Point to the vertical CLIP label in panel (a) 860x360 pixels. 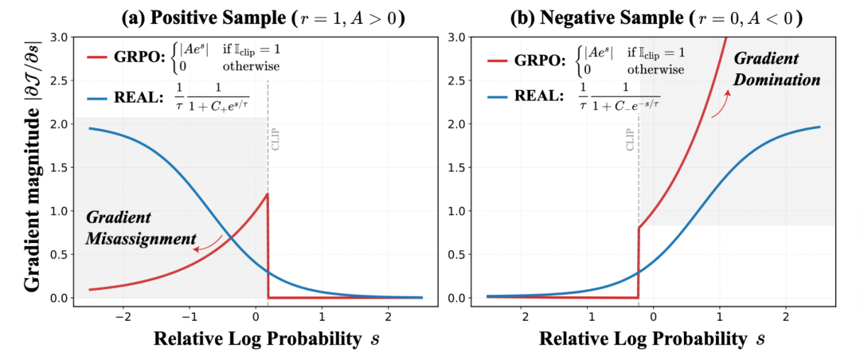274,139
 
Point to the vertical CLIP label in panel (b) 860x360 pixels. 631,139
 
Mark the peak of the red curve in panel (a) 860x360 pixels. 267,194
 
